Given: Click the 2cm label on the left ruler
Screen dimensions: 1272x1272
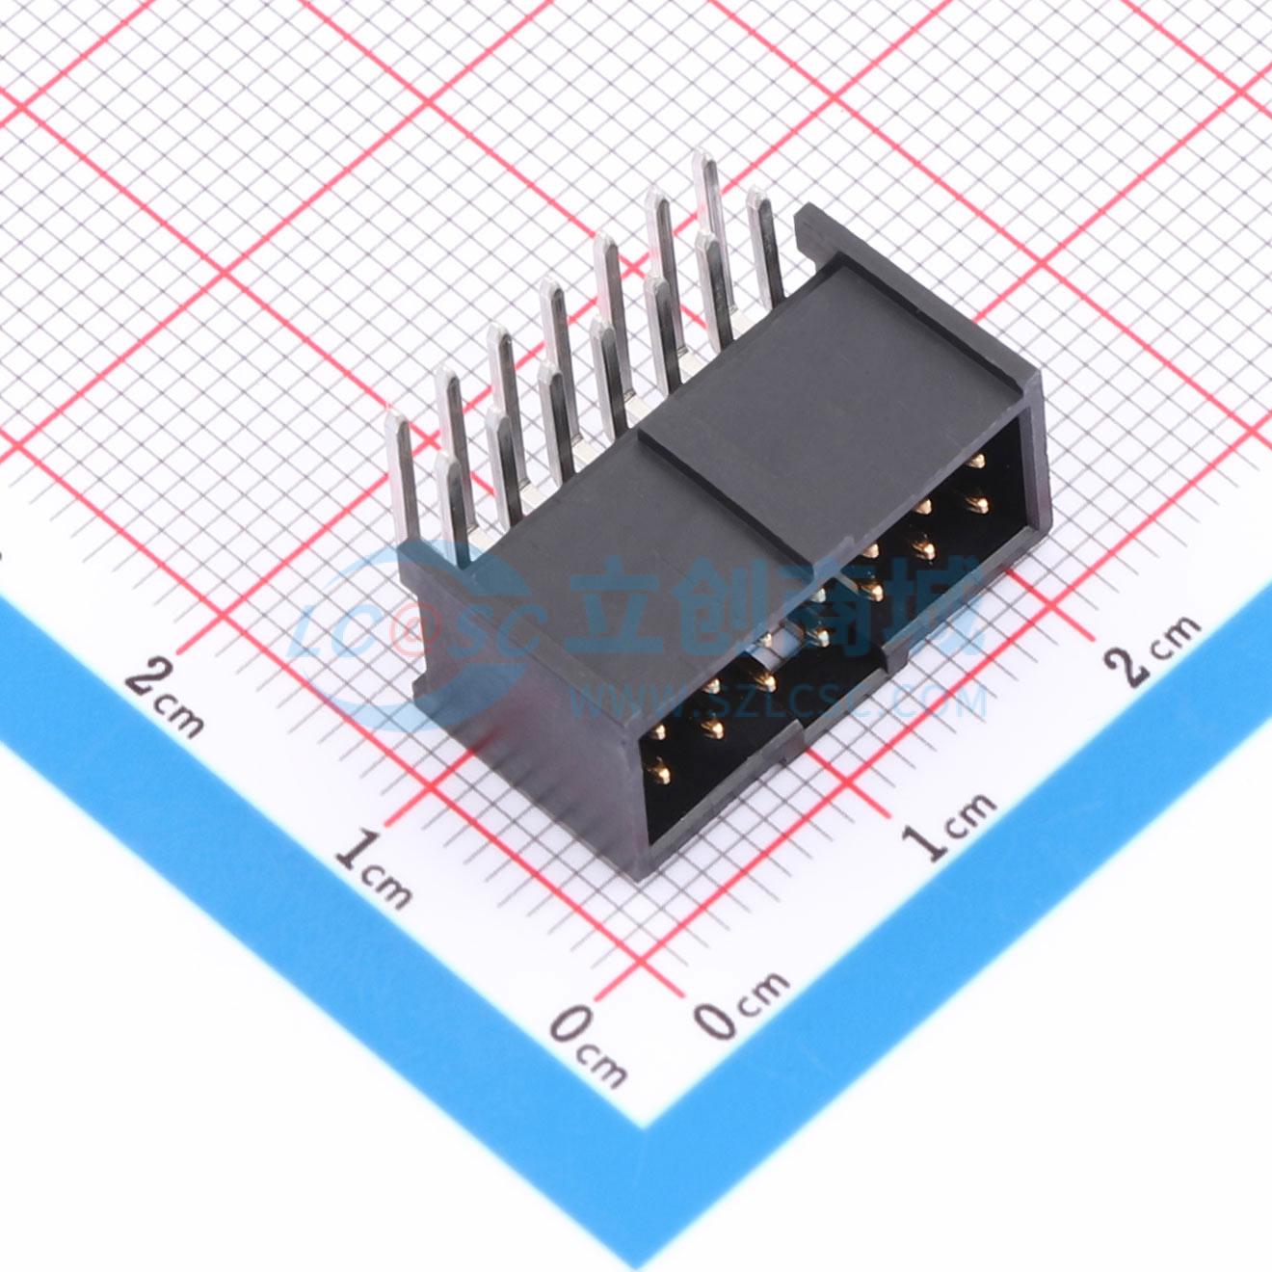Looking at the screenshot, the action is click(164, 698).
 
